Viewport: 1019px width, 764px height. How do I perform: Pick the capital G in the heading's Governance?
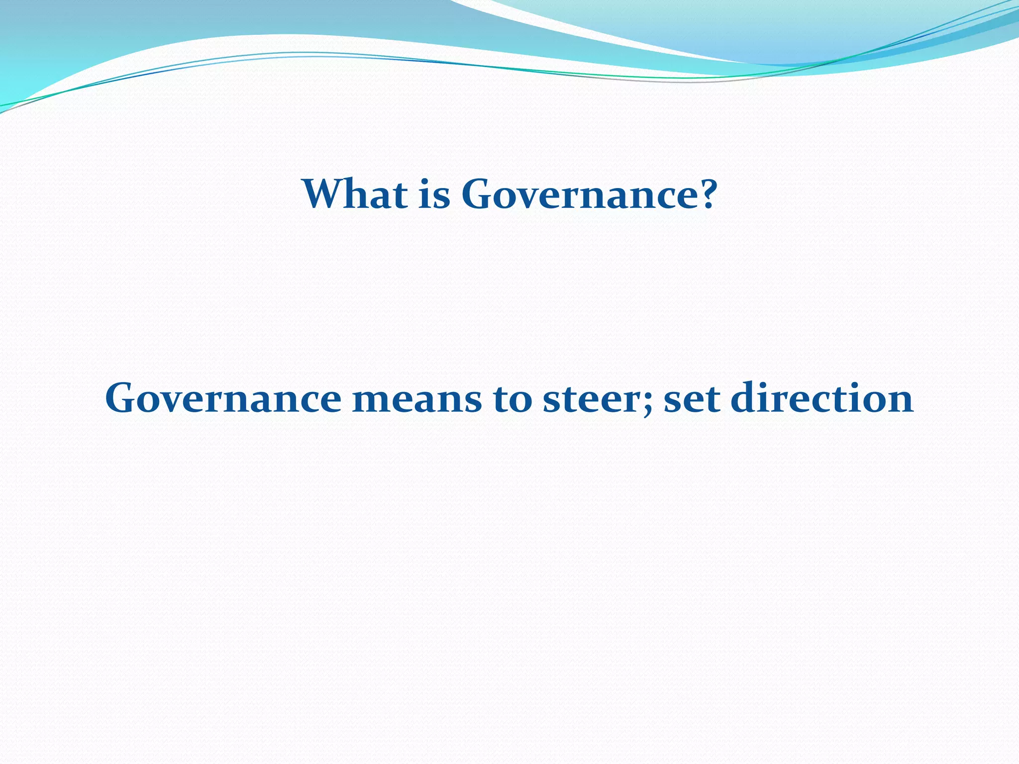pyautogui.click(x=479, y=194)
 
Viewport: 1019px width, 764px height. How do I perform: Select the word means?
pyautogui.click(x=417, y=399)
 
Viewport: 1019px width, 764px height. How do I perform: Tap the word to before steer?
pyautogui.click(x=512, y=399)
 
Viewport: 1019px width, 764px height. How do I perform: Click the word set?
pyautogui.click(x=692, y=399)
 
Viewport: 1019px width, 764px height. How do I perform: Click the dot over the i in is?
pyautogui.click(x=426, y=180)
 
